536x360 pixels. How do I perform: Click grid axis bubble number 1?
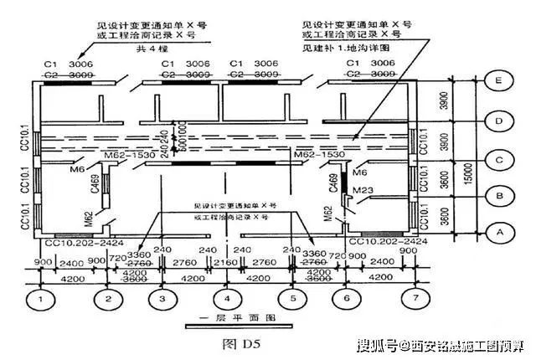39,297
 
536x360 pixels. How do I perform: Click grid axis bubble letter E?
498,82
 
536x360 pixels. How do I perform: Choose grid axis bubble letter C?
498,158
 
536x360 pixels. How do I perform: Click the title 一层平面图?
226,319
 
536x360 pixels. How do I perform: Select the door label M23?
363,189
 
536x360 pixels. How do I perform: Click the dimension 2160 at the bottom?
226,265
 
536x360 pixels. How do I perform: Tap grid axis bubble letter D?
498,121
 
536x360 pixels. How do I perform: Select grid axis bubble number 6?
346,297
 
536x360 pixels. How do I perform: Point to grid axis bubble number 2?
107,297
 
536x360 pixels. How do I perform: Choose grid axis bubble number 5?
292,297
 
